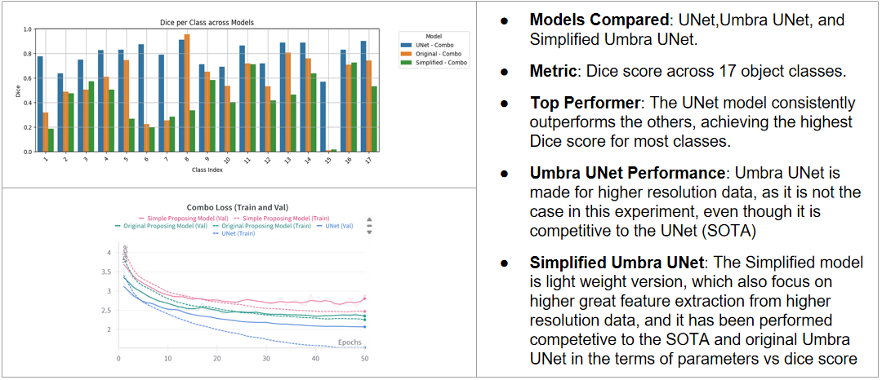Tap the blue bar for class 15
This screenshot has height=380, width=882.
[322, 117]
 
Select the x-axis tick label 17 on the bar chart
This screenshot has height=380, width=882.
[368, 161]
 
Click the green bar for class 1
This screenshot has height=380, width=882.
[51, 140]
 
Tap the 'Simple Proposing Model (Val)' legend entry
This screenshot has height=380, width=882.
[185, 218]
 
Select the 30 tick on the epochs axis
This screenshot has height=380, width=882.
[265, 359]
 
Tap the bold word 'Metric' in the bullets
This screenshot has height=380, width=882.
[553, 72]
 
